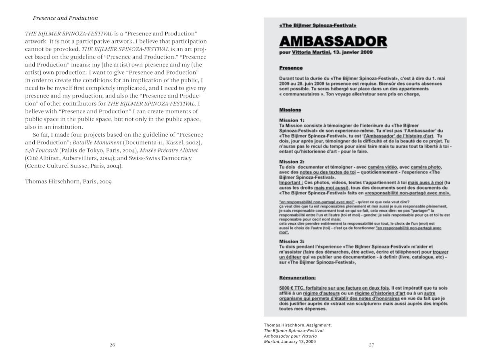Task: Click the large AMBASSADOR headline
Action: [333, 41]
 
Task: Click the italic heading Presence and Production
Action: [65, 18]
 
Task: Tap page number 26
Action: [113, 345]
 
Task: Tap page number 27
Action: [371, 345]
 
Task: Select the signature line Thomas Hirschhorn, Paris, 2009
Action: [68, 181]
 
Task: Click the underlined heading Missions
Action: [290, 110]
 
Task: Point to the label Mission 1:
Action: [292, 120]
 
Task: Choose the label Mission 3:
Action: [292, 241]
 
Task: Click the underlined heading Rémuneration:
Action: [297, 277]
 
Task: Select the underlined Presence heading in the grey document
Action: [290, 68]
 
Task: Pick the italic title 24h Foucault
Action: [42, 150]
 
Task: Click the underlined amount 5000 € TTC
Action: [293, 288]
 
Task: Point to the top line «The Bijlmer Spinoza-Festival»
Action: [317, 26]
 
